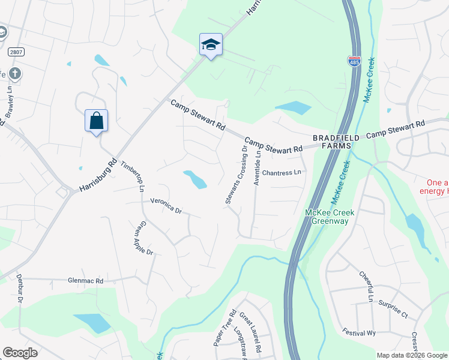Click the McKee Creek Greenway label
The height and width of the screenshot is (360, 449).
point(330,217)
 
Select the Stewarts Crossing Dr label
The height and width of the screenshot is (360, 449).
point(236,175)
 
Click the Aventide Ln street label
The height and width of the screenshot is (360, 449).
point(258,167)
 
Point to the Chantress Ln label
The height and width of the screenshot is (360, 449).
point(281,173)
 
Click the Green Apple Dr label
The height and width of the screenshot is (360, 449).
point(143,238)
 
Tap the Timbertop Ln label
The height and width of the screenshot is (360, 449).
point(133,176)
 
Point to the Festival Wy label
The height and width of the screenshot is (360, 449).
point(359,331)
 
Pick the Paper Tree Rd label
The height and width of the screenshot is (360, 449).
point(217,328)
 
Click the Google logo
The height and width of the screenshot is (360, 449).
point(20,353)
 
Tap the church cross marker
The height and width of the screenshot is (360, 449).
point(15,74)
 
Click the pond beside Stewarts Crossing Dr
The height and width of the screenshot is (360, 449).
point(195,179)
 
